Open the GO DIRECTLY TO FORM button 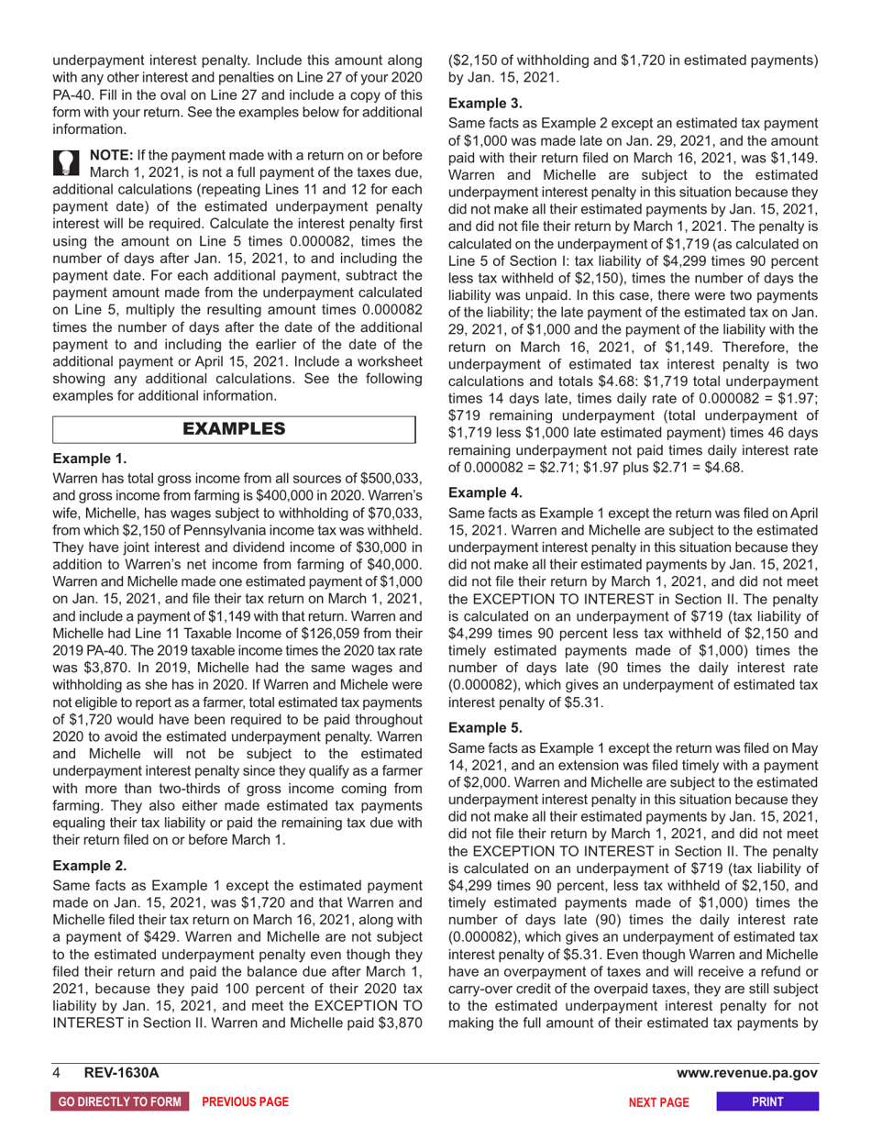tap(119, 1100)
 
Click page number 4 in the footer tap(57, 1072)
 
